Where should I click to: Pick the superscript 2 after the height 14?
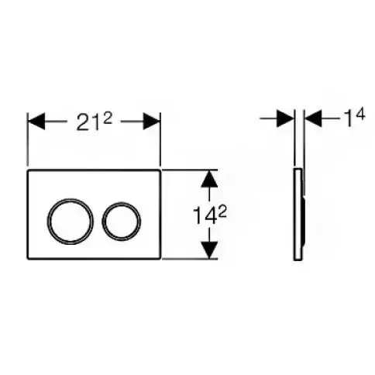(x=222, y=213)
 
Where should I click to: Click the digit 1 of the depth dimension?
(x=349, y=119)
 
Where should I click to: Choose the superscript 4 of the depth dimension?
(x=360, y=115)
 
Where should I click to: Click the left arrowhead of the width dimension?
(x=36, y=121)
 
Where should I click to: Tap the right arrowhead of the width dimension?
(x=152, y=121)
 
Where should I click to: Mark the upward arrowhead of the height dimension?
(x=209, y=178)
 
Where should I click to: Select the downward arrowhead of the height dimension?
(x=209, y=249)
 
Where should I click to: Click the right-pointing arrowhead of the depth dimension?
(x=285, y=119)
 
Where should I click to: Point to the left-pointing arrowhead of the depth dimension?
(x=313, y=119)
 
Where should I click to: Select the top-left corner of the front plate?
(x=28, y=170)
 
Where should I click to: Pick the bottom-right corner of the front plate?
(x=160, y=259)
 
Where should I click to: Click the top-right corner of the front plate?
(x=160, y=170)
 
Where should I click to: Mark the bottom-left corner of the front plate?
(x=28, y=259)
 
